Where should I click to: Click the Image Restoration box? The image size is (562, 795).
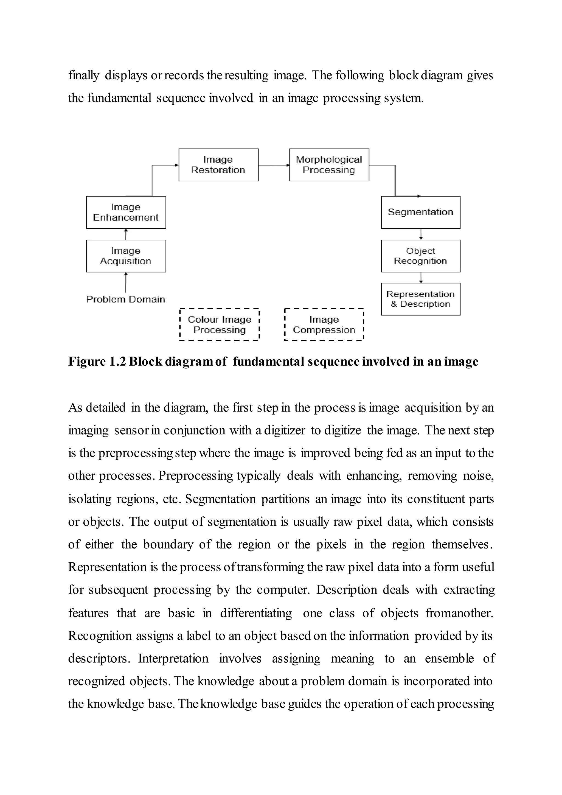point(218,165)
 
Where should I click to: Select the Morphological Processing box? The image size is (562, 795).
point(329,165)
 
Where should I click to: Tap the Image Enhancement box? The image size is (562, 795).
point(126,212)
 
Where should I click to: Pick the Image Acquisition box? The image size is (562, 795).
point(126,256)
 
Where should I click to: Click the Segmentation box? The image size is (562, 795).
point(420,212)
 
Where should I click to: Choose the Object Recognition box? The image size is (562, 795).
point(420,256)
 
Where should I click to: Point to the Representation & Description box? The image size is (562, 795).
point(420,299)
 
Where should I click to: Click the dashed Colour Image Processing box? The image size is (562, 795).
point(220,324)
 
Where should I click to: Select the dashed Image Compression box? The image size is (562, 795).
point(324,324)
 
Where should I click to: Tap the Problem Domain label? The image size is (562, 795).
point(126,299)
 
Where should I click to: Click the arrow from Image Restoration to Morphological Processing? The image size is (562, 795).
point(274,165)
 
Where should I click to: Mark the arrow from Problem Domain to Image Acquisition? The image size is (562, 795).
point(126,282)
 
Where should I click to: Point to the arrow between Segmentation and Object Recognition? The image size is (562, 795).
point(421,234)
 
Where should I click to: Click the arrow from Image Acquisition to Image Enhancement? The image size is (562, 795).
point(126,234)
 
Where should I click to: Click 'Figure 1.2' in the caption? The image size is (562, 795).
point(97,362)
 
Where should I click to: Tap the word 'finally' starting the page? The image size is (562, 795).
point(84,75)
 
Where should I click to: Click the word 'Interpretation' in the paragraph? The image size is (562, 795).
point(173,658)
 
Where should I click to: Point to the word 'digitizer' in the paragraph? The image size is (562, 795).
point(285,430)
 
